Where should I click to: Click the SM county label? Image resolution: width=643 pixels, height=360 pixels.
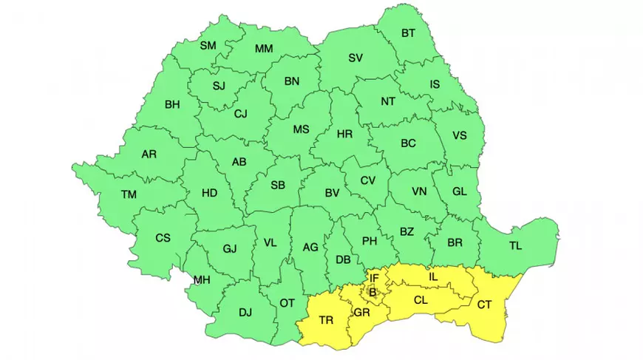point(208,46)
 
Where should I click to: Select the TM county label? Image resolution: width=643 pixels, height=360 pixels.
point(129,194)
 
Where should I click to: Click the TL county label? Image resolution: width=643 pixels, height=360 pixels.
point(514,245)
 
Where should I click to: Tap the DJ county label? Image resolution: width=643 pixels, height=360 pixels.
point(245,312)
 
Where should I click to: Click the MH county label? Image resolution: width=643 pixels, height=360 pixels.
point(202,279)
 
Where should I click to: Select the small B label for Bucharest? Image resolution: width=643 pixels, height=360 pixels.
point(372,293)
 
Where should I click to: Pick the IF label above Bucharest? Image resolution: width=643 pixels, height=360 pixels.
point(374,278)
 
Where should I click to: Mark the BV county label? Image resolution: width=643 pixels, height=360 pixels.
point(332,193)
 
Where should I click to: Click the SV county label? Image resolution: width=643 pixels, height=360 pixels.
point(355,58)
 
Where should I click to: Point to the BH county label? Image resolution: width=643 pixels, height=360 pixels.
point(172,105)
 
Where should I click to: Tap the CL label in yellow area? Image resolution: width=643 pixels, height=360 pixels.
point(421,300)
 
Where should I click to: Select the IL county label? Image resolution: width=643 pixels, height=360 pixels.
point(433,276)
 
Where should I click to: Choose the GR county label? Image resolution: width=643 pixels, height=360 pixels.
point(361,313)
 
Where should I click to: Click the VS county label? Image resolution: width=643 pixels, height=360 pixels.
point(460,135)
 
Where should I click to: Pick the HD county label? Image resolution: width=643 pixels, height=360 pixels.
point(209,193)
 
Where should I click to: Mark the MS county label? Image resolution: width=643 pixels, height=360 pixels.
point(301,129)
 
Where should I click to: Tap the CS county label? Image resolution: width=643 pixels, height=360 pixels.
point(163,237)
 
